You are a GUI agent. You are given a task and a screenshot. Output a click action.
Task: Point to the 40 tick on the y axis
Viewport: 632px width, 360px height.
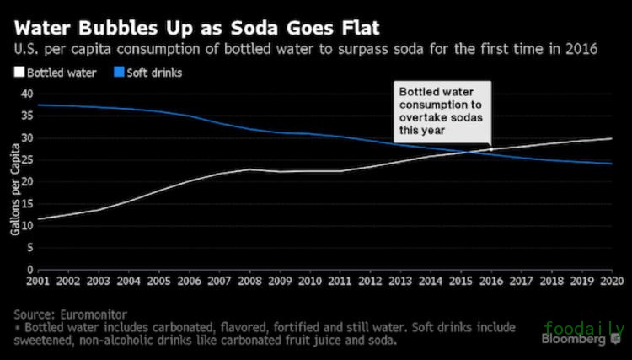click(25, 94)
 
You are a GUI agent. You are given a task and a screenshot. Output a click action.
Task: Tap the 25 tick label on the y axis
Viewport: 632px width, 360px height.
click(25, 159)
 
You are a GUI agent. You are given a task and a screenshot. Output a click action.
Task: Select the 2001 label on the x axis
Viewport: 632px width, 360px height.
click(37, 282)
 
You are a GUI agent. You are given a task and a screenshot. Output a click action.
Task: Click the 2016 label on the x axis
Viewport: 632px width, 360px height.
click(490, 282)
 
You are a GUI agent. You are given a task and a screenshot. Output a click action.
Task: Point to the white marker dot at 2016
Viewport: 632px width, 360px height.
click(490, 149)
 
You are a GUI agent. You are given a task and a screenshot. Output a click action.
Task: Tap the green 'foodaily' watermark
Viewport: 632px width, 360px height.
click(585, 327)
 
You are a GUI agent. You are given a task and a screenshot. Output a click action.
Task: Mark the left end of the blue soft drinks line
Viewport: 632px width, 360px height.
click(39, 105)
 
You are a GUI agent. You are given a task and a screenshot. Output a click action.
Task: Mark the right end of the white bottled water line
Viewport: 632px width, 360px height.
click(612, 138)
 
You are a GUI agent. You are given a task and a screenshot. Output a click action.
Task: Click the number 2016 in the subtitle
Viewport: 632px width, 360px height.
click(581, 49)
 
